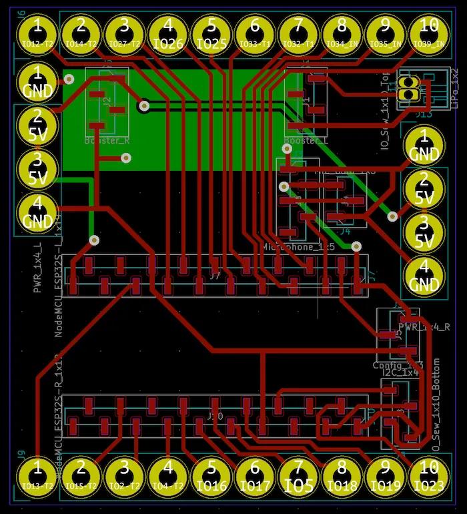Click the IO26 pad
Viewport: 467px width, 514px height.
168,33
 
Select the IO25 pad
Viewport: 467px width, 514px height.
211,33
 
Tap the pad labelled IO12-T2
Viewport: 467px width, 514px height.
38,33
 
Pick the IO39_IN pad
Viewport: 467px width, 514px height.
428,33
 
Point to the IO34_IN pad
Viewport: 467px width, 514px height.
342,33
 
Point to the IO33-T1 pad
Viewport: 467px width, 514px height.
255,33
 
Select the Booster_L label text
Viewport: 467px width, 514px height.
306,141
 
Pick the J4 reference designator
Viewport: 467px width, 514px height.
345,232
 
